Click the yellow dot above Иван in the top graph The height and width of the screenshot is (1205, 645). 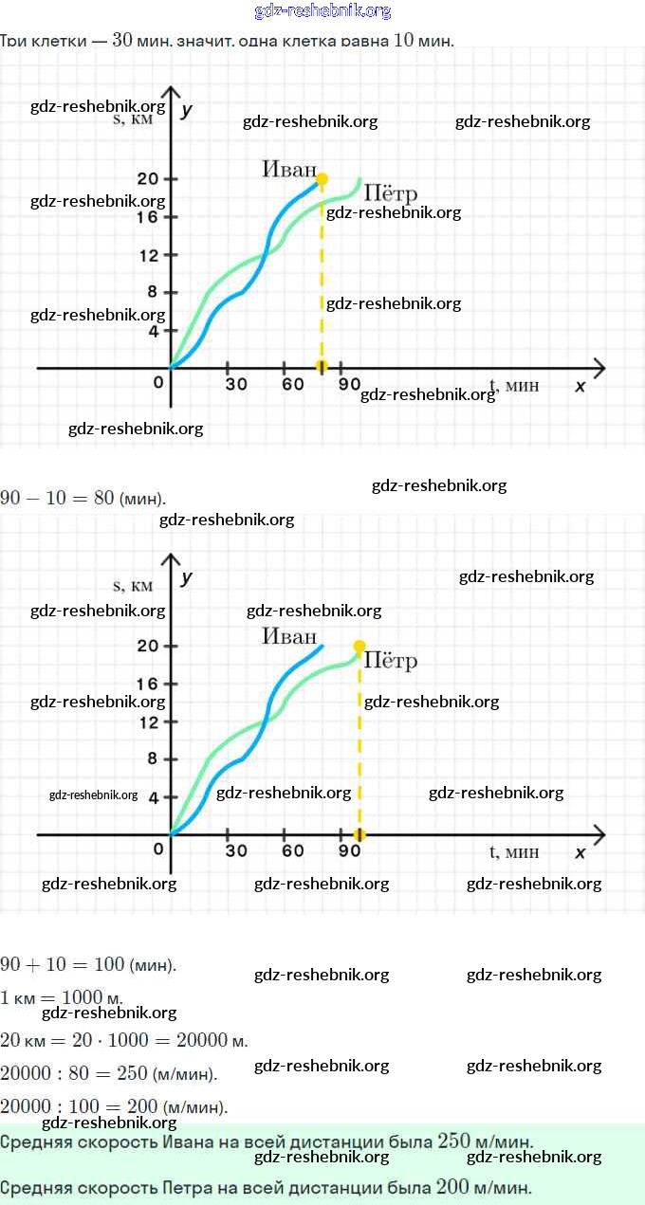(322, 178)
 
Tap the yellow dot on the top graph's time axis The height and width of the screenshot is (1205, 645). (322, 367)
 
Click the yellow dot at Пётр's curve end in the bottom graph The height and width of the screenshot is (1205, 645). (359, 646)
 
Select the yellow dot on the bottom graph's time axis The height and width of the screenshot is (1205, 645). (359, 834)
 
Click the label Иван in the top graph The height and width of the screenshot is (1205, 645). (289, 169)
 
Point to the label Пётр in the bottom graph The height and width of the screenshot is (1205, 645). (391, 661)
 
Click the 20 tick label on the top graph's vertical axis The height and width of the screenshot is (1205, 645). (147, 179)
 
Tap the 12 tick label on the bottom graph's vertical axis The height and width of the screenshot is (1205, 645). (147, 722)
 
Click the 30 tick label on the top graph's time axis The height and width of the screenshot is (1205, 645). (236, 384)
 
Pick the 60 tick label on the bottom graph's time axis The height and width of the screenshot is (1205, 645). (293, 850)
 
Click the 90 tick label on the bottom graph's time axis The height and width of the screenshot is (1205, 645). (349, 850)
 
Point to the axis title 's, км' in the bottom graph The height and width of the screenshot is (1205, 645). (133, 586)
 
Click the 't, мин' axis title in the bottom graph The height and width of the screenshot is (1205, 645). (514, 851)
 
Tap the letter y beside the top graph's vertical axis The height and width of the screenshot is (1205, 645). (187, 110)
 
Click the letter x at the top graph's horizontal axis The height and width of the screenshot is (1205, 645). (580, 386)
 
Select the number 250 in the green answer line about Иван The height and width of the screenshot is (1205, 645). (454, 1141)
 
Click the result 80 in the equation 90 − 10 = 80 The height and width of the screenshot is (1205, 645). (104, 498)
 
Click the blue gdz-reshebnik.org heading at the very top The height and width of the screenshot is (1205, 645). (322, 11)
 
